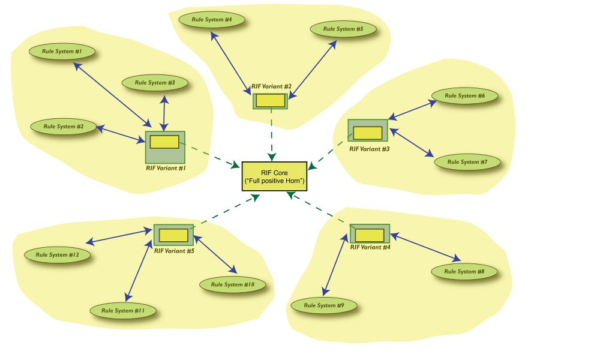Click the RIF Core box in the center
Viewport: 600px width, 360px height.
pos(274,176)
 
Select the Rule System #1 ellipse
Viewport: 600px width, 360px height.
pos(62,52)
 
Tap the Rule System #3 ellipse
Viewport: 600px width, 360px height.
pos(155,83)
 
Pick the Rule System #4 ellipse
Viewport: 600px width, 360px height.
pos(212,20)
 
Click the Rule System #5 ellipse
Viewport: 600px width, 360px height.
pos(343,29)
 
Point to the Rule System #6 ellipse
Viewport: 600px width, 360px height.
pos(463,96)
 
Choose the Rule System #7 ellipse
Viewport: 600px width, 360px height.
pos(467,162)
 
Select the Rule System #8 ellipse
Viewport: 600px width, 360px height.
pos(464,272)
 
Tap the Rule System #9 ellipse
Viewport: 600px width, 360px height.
pos(324,305)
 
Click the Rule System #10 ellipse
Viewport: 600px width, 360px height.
pos(232,285)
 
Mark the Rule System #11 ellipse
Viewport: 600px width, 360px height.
pos(123,311)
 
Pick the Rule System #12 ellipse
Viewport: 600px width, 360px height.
pos(57,255)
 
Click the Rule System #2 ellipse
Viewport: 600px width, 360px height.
pos(63,127)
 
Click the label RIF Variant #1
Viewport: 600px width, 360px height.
pos(166,169)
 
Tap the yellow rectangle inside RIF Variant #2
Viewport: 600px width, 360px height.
pos(270,101)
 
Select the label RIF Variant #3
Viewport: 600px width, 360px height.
pos(370,149)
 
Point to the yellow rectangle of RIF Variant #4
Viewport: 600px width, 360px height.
pos(369,235)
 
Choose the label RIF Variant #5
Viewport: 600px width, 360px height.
pos(174,251)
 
